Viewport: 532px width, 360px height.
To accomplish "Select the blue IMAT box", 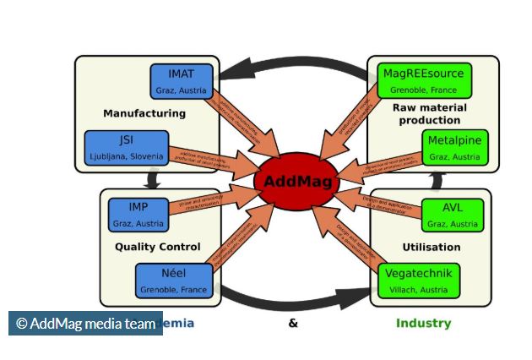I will [182, 80].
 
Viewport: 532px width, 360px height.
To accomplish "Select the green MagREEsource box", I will [424, 80].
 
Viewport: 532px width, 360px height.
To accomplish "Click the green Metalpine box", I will [454, 147].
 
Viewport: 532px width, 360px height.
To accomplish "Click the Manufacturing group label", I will [144, 112].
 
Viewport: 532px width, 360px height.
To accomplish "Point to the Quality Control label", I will [158, 247].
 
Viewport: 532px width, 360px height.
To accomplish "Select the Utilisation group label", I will [432, 247].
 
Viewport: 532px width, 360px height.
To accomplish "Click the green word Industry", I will [423, 323].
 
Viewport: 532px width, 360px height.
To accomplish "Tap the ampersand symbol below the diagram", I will [293, 323].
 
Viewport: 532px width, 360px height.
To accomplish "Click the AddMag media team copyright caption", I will [85, 323].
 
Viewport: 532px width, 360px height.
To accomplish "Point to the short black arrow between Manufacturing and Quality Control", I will [153, 178].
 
